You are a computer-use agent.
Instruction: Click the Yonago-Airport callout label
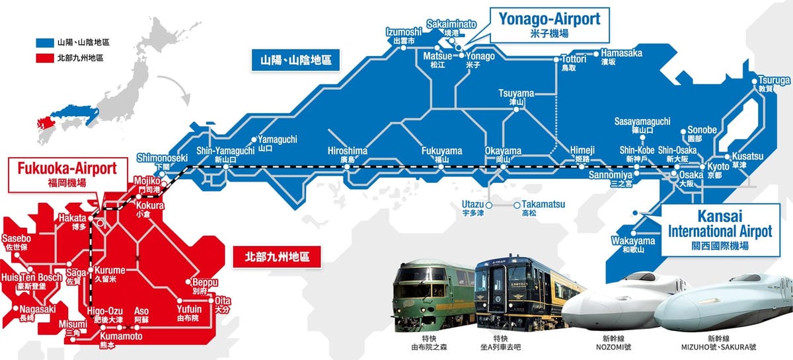[x=541, y=25]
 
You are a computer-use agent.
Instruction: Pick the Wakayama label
[x=633, y=244]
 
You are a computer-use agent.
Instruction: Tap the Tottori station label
[x=572, y=62]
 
